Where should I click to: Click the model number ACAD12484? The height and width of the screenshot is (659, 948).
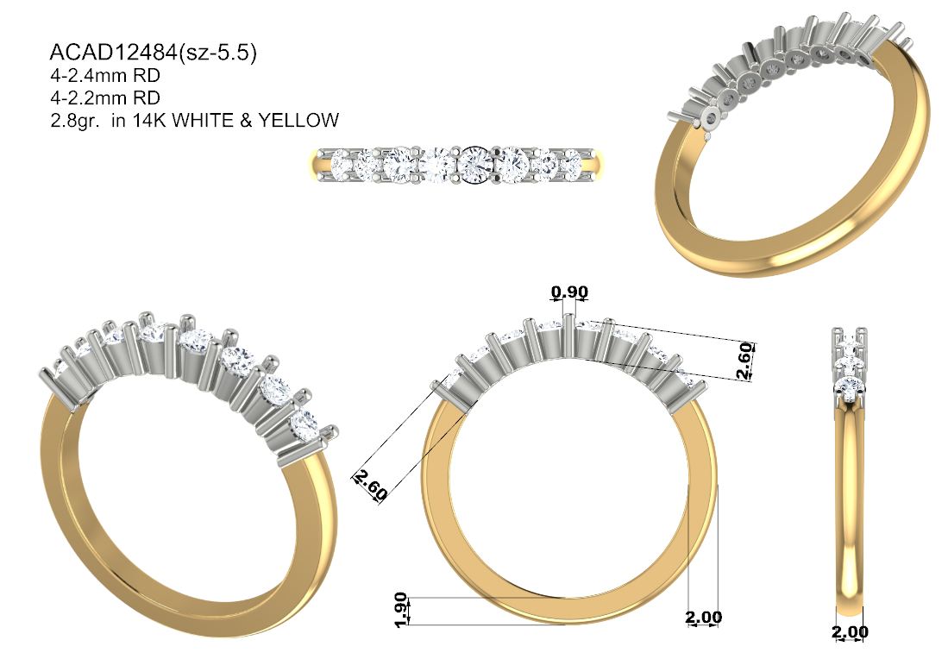(x=112, y=53)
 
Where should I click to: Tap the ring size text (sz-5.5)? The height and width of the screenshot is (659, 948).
(x=217, y=53)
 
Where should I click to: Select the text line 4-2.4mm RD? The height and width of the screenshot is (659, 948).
(x=104, y=76)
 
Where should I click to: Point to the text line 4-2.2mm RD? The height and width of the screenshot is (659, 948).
(x=104, y=98)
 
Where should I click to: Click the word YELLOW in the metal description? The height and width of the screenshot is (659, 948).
(x=298, y=120)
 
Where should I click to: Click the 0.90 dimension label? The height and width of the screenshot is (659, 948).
(x=569, y=292)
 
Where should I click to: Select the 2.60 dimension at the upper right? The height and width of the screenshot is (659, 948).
(x=745, y=361)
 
